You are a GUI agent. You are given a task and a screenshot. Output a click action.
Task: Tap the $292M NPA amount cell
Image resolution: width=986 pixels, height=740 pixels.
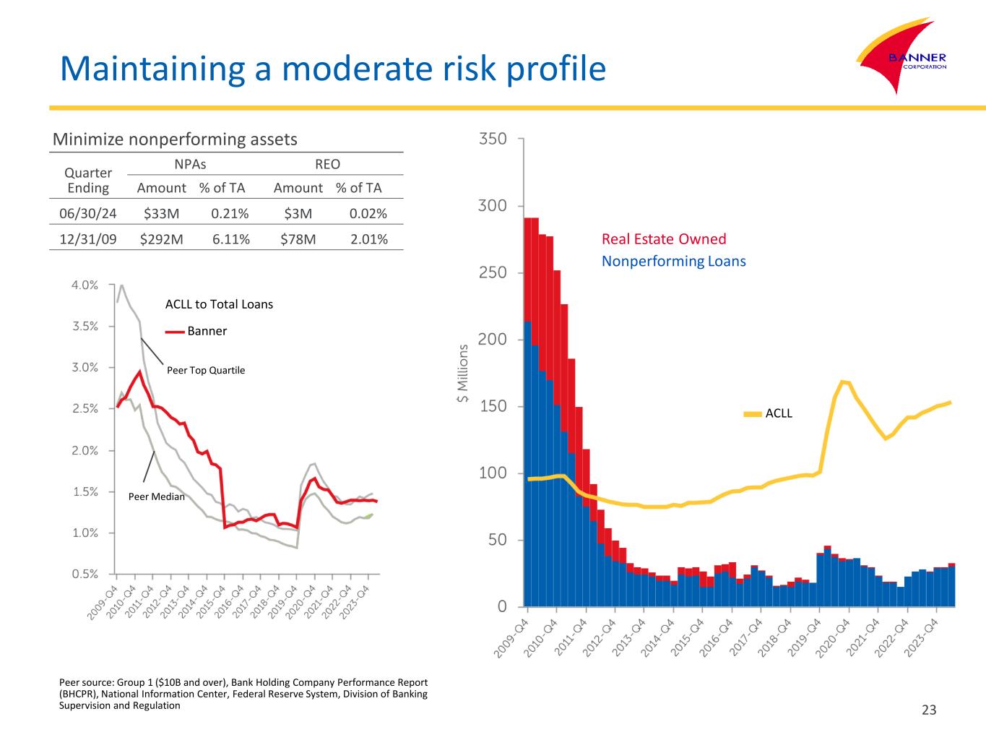(x=161, y=239)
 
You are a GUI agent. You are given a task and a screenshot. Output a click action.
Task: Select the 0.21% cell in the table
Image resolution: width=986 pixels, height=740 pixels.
(x=230, y=213)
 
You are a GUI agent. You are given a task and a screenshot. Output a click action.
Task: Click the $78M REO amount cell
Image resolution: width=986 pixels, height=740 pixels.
(x=298, y=239)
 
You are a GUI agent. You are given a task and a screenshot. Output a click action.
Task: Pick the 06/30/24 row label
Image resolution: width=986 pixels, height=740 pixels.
(x=87, y=213)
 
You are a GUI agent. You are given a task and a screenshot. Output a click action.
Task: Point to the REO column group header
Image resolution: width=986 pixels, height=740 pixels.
(x=327, y=164)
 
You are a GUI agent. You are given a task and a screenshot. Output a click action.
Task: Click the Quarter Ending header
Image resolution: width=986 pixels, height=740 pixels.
(x=88, y=181)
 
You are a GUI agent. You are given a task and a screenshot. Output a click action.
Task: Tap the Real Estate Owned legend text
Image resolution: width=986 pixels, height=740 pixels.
(x=664, y=239)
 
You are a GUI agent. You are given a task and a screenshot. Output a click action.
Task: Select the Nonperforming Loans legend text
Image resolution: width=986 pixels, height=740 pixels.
(x=673, y=261)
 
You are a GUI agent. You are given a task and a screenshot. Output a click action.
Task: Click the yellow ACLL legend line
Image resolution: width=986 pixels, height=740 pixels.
(x=753, y=414)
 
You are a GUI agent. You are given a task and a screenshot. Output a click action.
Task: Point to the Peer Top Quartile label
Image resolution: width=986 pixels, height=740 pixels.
(x=206, y=370)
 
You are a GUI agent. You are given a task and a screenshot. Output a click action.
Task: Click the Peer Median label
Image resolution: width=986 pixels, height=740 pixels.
(x=156, y=496)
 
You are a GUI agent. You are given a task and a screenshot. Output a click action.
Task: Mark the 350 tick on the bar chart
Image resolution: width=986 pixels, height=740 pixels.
(x=493, y=138)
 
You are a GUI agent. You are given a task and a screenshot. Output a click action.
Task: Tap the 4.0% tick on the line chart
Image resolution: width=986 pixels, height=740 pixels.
(x=85, y=285)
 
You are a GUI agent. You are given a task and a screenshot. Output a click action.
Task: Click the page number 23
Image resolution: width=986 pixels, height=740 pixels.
(x=929, y=710)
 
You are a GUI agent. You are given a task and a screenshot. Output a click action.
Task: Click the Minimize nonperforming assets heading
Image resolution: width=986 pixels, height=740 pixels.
(x=175, y=139)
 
